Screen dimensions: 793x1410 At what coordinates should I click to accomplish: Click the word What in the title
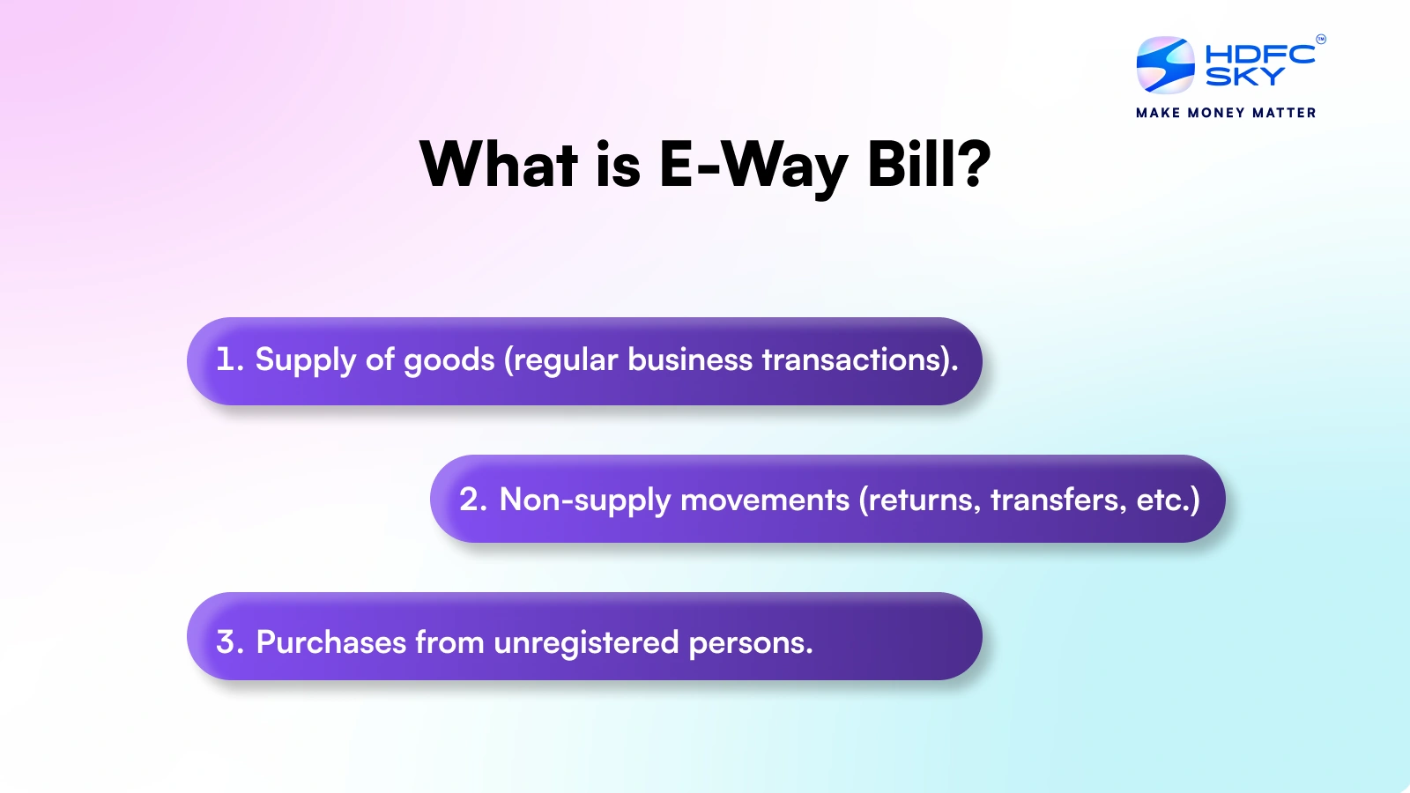(499, 165)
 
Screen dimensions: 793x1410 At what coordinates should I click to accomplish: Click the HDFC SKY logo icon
(1165, 64)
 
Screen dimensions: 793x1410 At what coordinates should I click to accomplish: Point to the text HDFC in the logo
(1259, 54)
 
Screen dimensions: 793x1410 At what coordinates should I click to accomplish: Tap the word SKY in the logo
(1244, 78)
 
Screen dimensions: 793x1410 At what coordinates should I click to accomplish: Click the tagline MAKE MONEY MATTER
(1226, 113)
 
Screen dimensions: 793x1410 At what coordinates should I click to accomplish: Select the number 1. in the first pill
(229, 359)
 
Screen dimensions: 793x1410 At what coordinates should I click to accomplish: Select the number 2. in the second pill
(473, 500)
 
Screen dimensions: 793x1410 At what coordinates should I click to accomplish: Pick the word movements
(765, 500)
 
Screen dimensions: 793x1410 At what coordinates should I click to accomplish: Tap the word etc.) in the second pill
(1168, 500)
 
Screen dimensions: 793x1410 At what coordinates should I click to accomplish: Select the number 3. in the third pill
(229, 641)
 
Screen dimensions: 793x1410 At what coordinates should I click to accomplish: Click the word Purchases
(330, 641)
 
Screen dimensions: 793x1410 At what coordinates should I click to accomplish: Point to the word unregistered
(586, 643)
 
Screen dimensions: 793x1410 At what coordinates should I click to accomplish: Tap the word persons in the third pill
(749, 643)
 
